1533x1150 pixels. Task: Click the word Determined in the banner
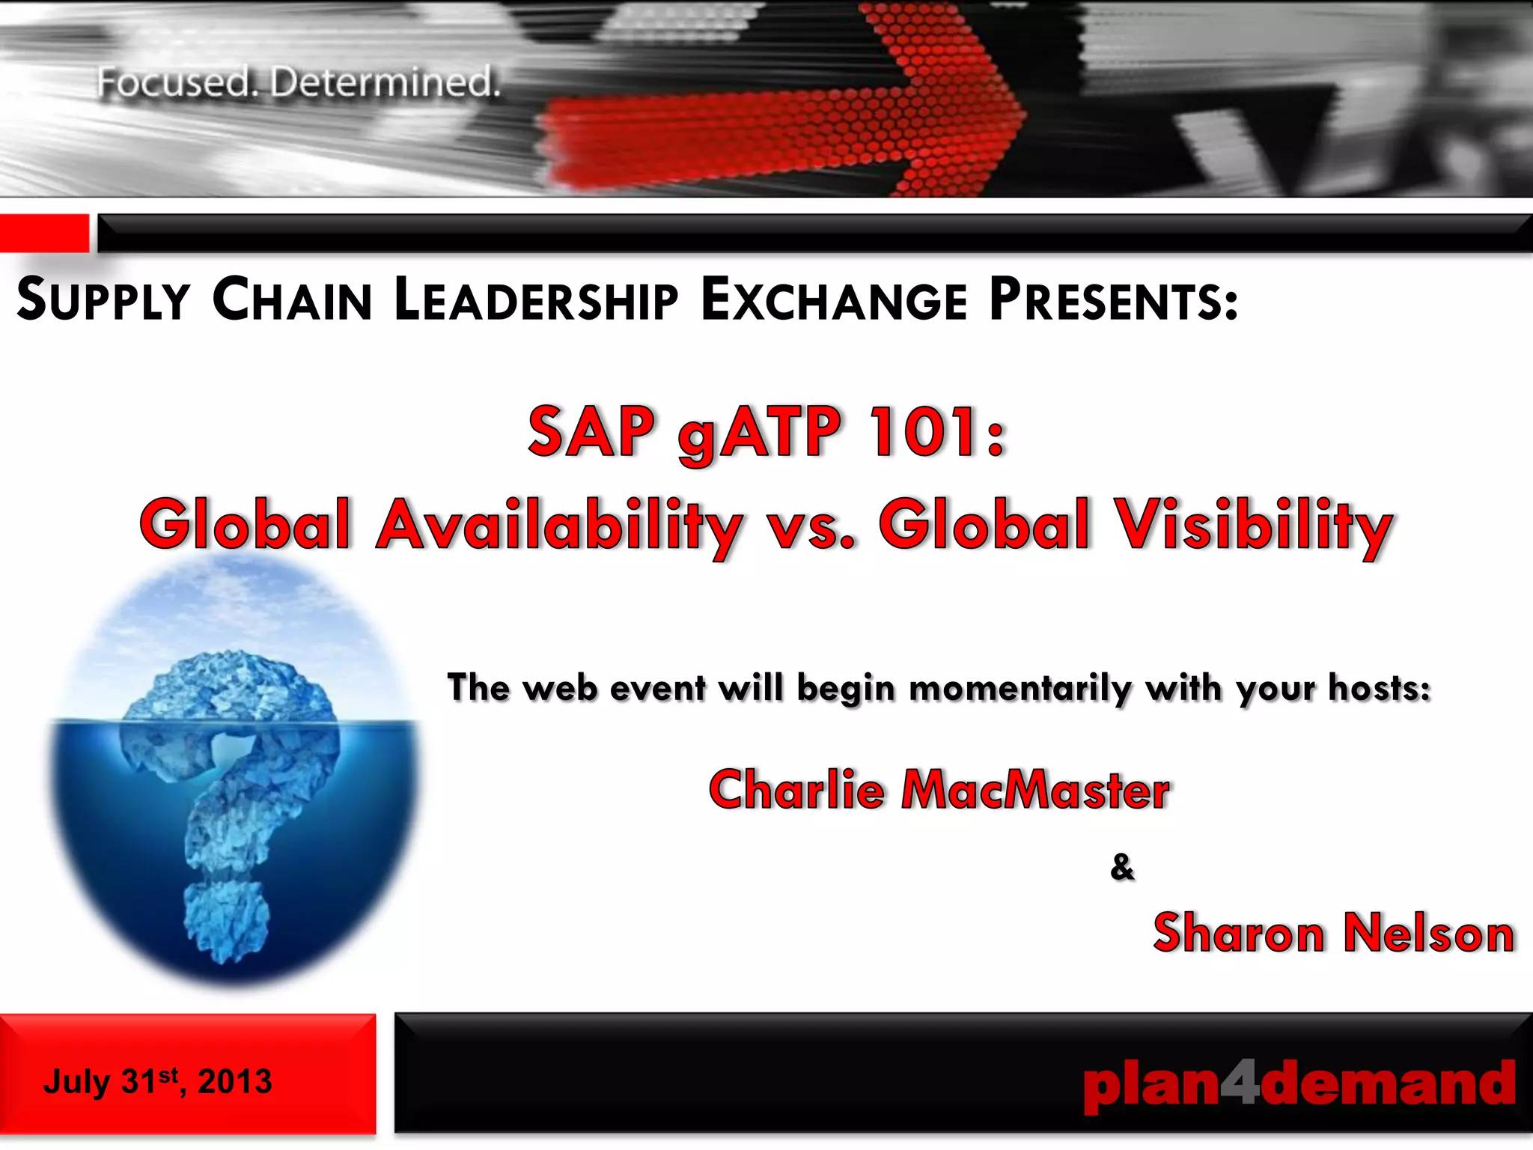tap(385, 82)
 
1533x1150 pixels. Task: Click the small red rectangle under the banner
tap(43, 233)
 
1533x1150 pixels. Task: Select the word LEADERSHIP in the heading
tap(535, 300)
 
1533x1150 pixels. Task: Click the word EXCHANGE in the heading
tap(834, 300)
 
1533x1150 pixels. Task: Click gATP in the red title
tap(759, 433)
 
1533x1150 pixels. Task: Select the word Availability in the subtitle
tap(558, 526)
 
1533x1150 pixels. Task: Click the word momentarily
tap(1020, 687)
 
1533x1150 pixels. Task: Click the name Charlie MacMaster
tap(939, 790)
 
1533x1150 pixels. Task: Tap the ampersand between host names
tap(1121, 867)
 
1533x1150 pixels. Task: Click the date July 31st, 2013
tap(157, 1081)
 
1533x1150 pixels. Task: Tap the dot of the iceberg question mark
tap(225, 920)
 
